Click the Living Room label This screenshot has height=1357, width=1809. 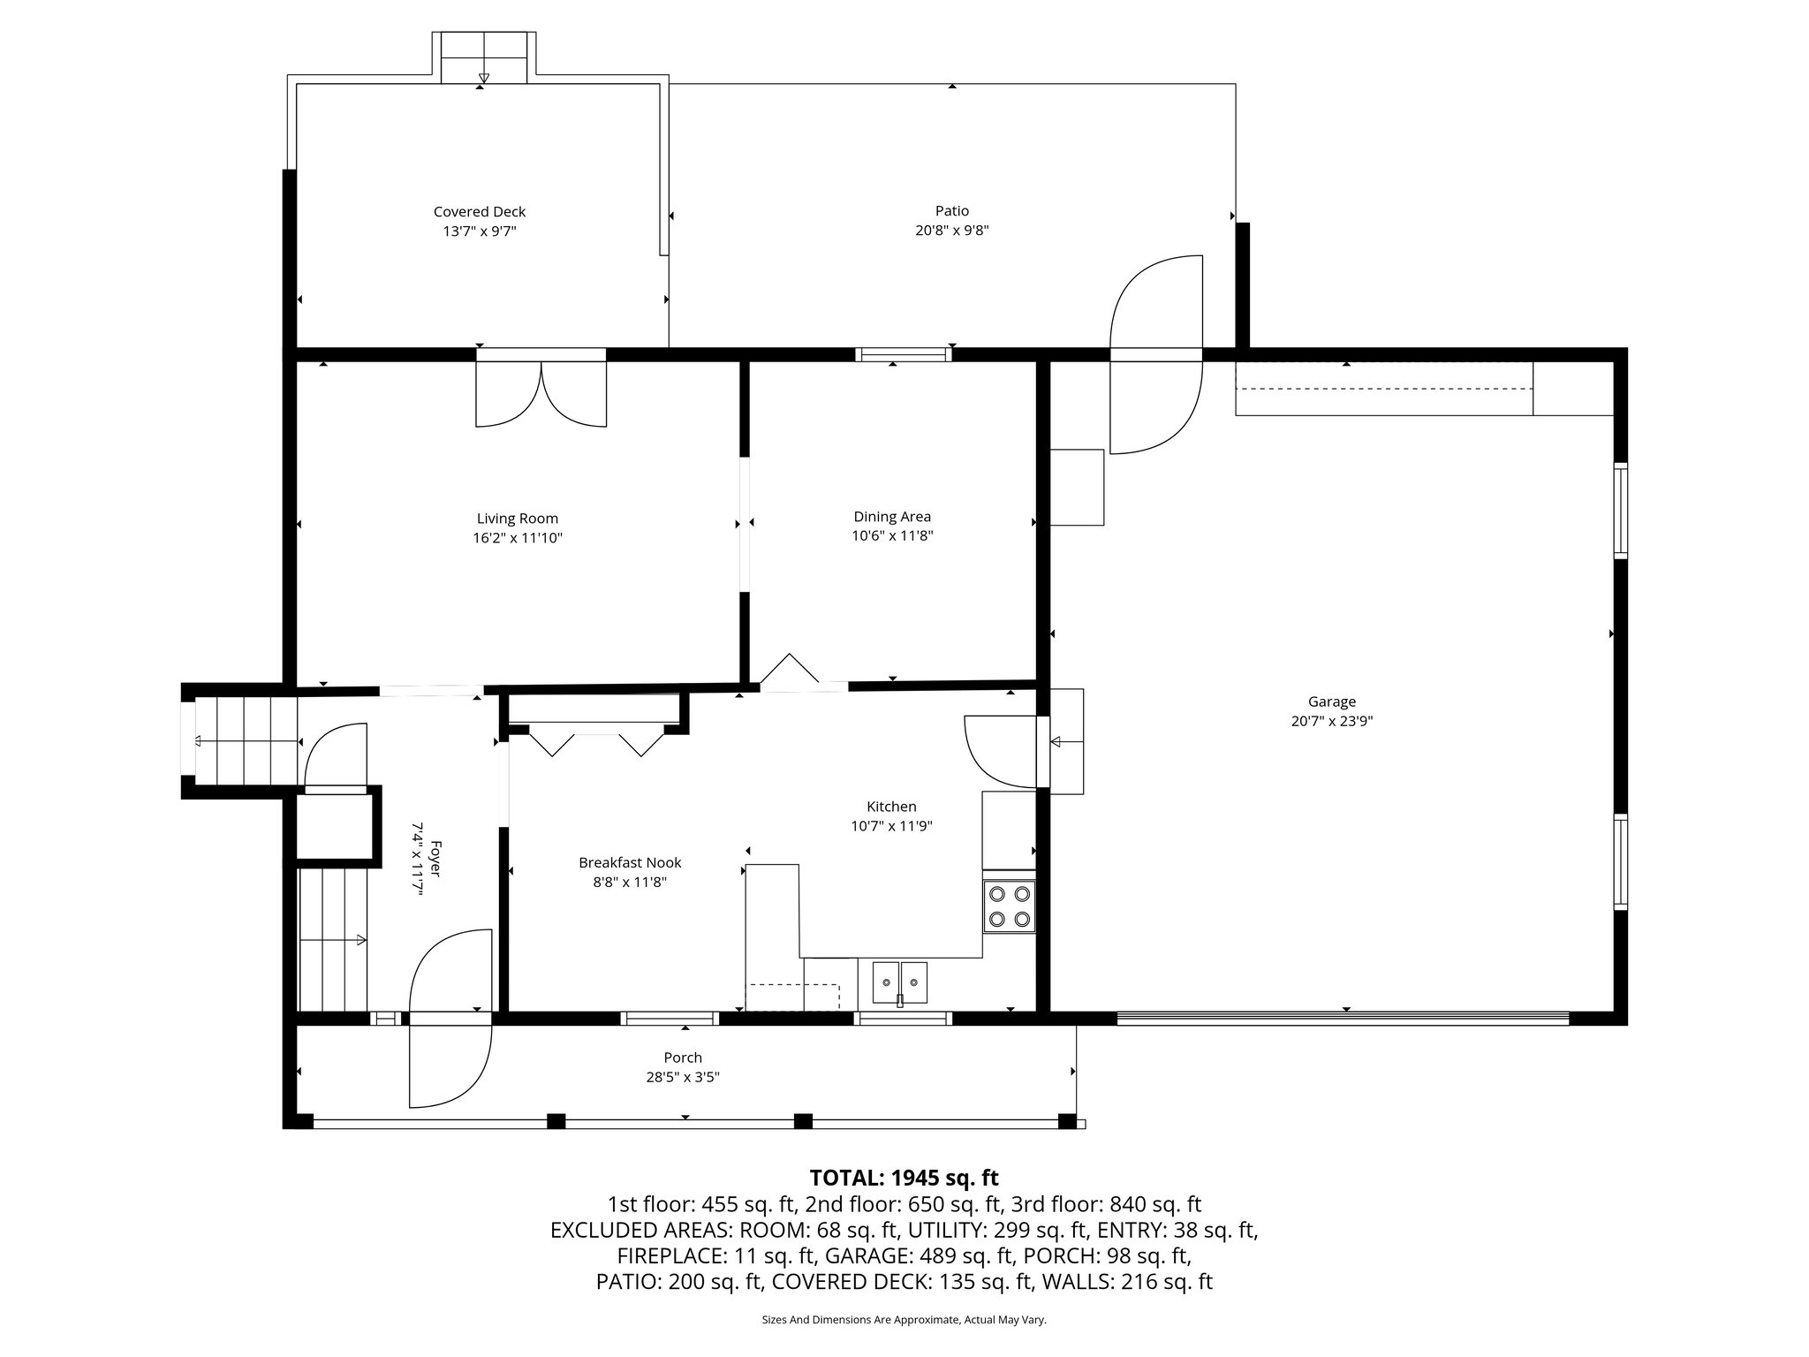click(517, 519)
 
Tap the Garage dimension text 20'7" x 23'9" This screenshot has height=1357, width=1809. click(1331, 721)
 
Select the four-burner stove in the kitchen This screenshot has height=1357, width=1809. click(1010, 906)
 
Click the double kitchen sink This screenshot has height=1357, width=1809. click(900, 982)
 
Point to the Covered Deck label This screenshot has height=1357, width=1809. click(480, 212)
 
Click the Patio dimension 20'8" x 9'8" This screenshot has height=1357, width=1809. click(951, 231)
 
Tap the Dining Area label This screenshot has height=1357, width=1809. click(892, 517)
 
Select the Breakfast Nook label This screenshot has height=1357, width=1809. click(630, 862)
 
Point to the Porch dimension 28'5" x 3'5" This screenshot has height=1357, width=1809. click(683, 1077)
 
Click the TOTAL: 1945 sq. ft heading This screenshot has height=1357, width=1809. click(904, 1178)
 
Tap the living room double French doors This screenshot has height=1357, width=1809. click(541, 393)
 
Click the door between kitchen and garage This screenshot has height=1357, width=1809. click(1003, 751)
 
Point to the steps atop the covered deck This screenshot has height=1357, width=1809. click(483, 58)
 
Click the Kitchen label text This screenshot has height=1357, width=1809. click(891, 807)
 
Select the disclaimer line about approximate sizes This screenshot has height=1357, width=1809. click(904, 1320)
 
